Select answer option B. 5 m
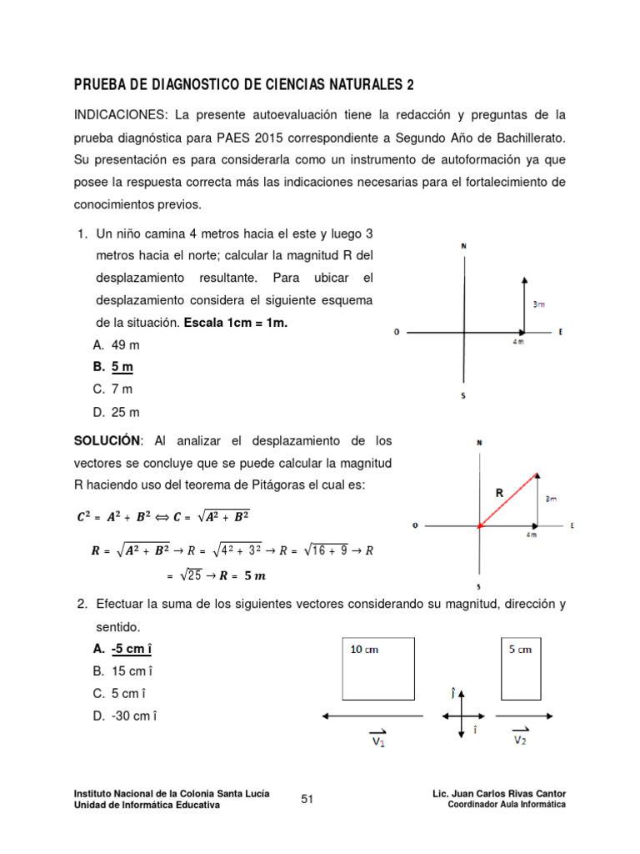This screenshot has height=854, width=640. pyautogui.click(x=113, y=366)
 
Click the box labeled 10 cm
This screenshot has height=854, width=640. pyautogui.click(x=379, y=669)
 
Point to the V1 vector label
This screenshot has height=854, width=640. pyautogui.click(x=377, y=740)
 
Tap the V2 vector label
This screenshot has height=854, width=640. pyautogui.click(x=519, y=738)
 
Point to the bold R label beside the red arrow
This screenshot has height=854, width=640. pyautogui.click(x=499, y=492)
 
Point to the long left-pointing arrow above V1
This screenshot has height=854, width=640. pyautogui.click(x=375, y=716)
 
